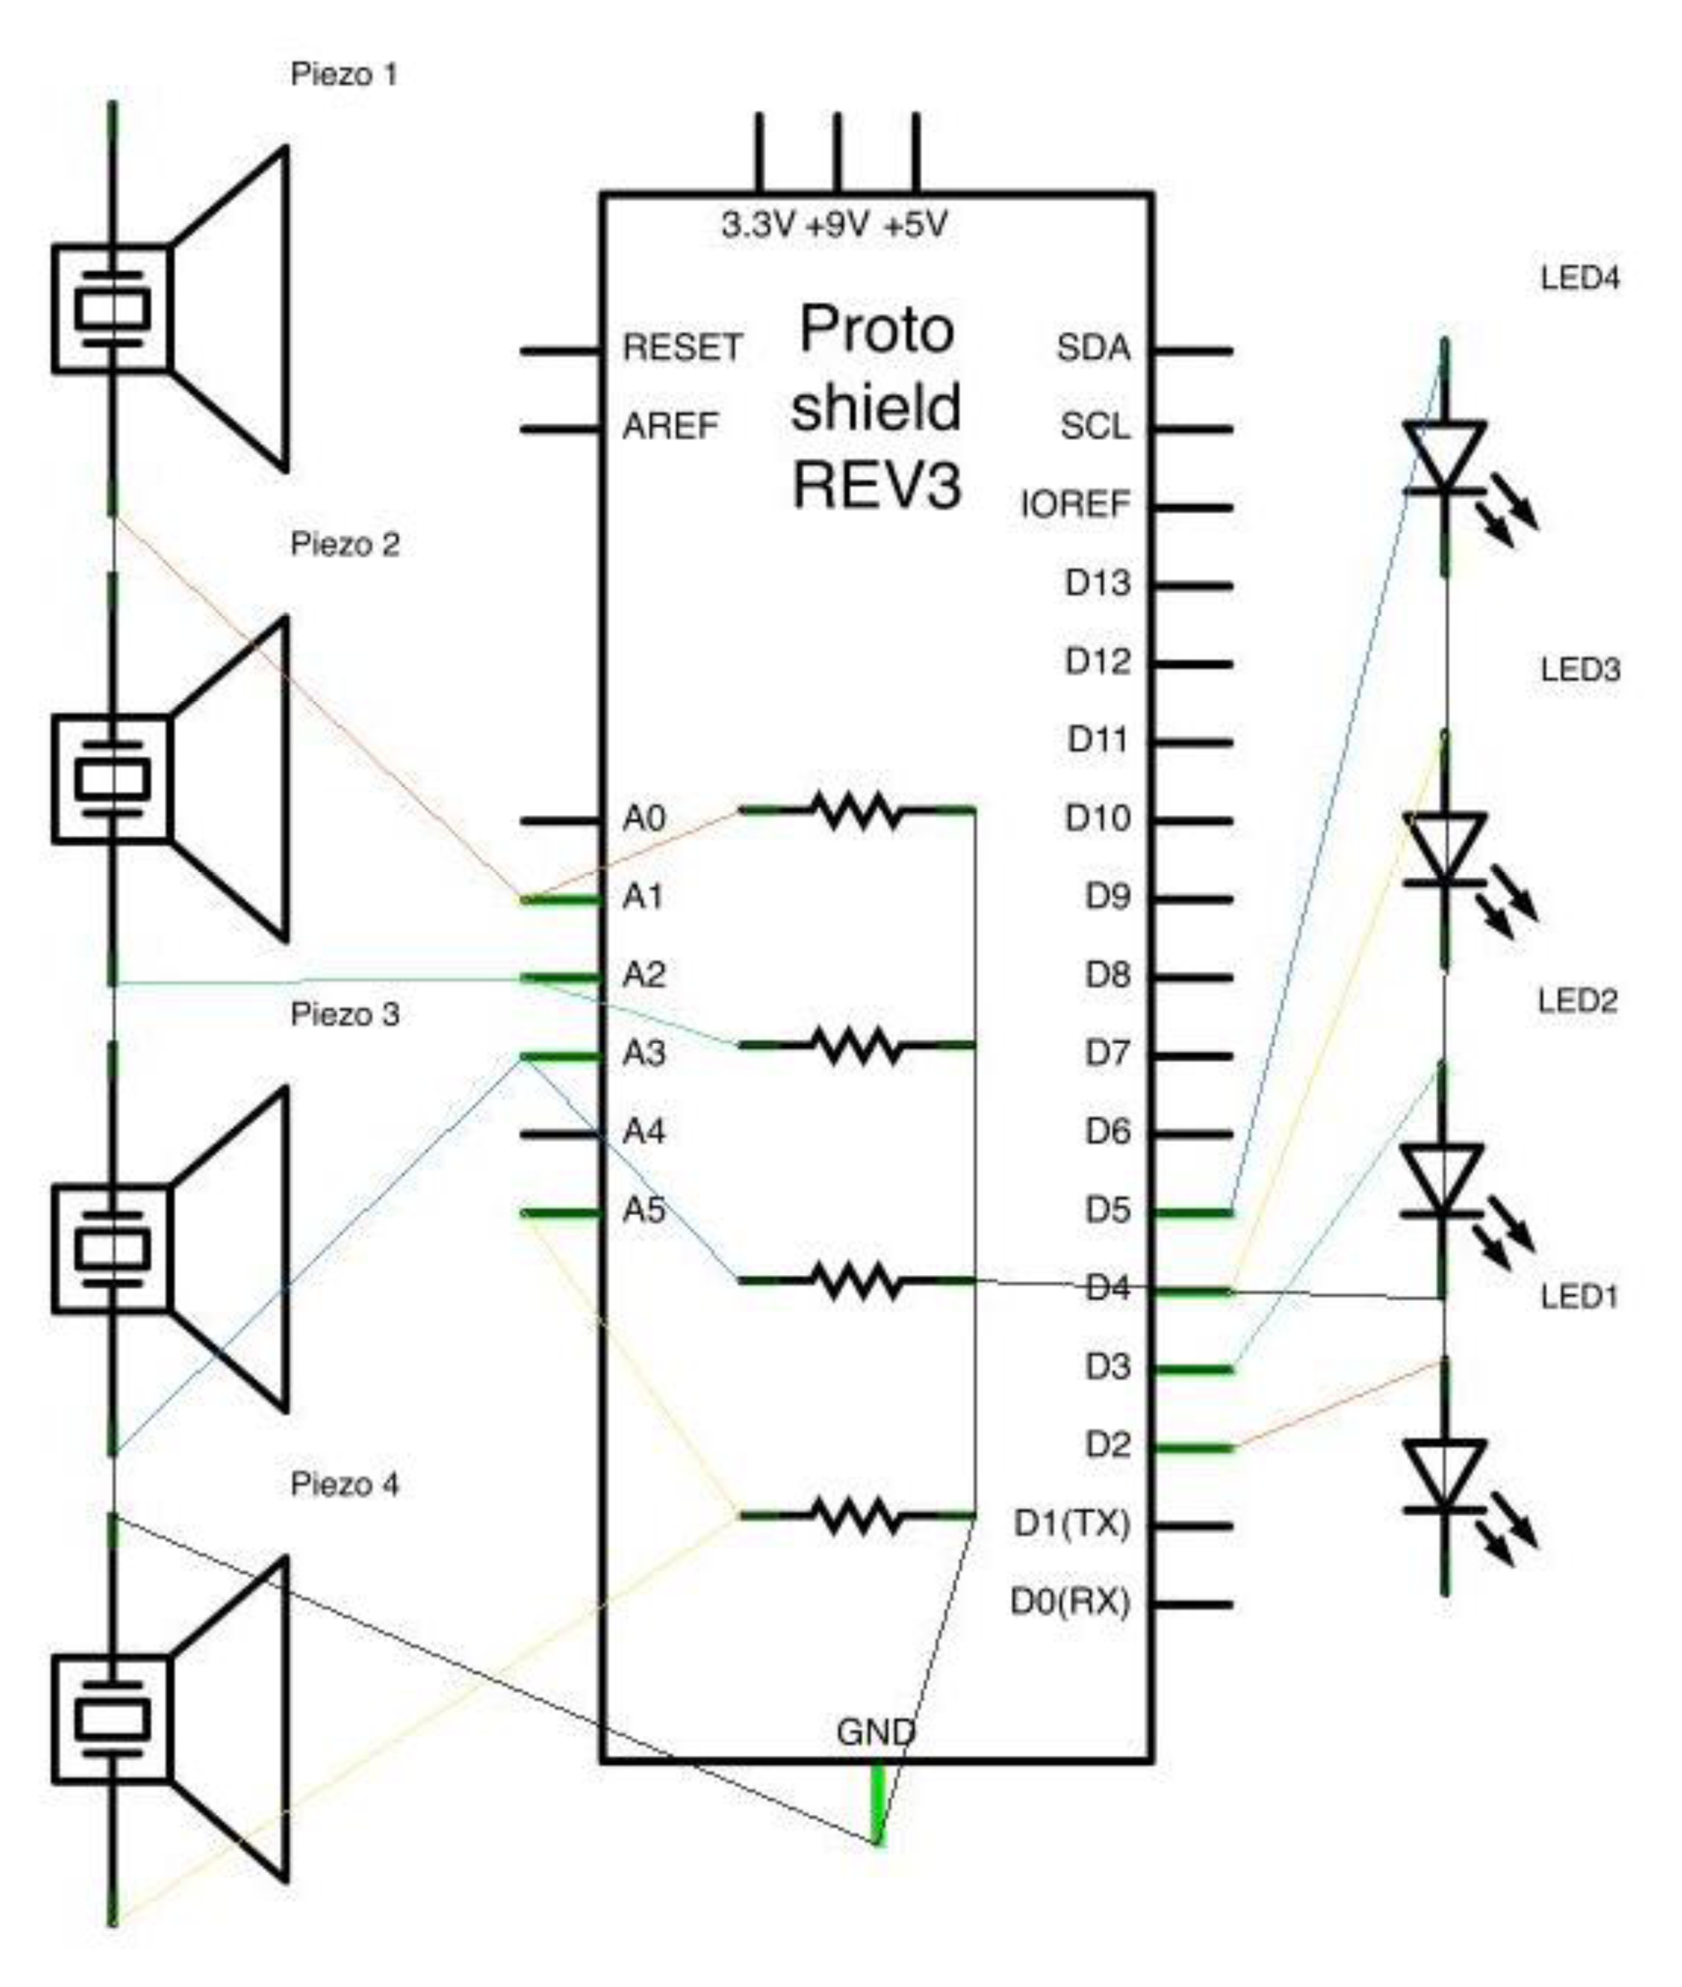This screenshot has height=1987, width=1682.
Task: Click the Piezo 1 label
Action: tap(343, 74)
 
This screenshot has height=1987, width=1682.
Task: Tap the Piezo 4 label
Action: tap(344, 1485)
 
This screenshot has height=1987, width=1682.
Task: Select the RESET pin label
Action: tap(682, 348)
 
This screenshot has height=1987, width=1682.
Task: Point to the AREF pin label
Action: tap(669, 427)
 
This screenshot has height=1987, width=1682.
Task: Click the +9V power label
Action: tap(837, 226)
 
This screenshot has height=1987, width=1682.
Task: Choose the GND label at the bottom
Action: tap(876, 1732)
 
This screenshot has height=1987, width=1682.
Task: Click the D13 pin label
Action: tap(1097, 584)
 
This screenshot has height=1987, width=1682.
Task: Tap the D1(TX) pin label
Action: tap(1071, 1525)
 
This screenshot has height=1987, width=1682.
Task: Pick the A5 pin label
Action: tap(643, 1210)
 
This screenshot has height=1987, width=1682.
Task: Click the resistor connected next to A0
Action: tap(856, 811)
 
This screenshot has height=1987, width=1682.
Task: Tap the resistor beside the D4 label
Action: tap(856, 1280)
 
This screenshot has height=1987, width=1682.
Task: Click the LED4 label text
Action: tap(1580, 279)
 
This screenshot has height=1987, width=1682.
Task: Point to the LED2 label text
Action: tap(1578, 1001)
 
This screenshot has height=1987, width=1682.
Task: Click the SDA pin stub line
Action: tap(1193, 350)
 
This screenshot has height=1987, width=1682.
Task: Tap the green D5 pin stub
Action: tap(1193, 1213)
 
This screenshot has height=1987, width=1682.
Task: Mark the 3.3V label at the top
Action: tap(757, 226)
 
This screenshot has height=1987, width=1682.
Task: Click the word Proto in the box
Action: tap(876, 330)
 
